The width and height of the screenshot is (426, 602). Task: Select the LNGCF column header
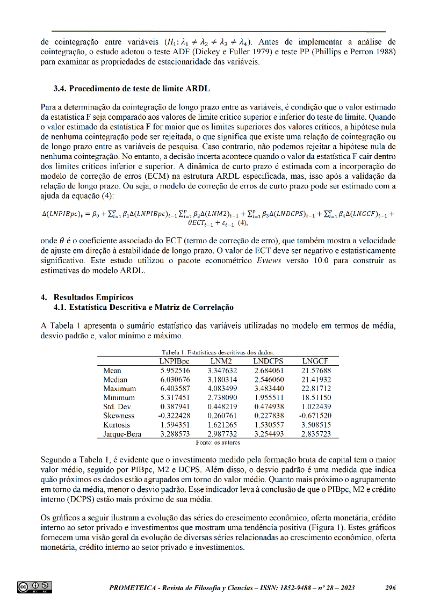315,361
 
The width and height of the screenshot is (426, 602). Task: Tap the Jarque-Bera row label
122,434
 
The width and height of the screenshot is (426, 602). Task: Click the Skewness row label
119,416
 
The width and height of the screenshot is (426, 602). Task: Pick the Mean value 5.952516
175,371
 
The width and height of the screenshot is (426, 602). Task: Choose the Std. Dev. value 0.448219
222,407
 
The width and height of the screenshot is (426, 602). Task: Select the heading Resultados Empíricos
93,297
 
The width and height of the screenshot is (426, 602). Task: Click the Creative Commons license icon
34,587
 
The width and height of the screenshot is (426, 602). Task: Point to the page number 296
391,588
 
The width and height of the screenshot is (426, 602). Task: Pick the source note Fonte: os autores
218,443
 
